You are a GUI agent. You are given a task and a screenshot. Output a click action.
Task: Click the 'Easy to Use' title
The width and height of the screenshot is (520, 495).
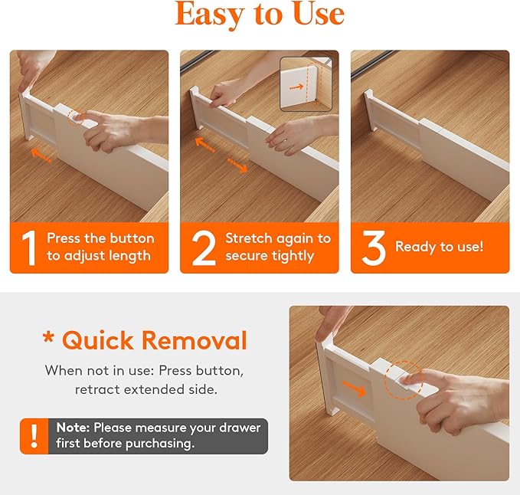pyautogui.click(x=260, y=15)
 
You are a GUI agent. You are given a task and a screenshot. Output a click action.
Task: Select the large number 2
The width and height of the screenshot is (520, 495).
pyautogui.click(x=204, y=247)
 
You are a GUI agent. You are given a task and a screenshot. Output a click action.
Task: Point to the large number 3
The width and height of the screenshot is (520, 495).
pyautogui.click(x=373, y=247)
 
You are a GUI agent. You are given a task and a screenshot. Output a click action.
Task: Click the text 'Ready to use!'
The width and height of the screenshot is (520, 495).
pyautogui.click(x=439, y=247)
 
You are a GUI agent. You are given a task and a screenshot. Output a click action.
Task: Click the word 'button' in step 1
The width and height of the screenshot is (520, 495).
pyautogui.click(x=132, y=238)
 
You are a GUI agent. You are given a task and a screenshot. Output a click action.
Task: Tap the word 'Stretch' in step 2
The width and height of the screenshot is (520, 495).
pyautogui.click(x=248, y=238)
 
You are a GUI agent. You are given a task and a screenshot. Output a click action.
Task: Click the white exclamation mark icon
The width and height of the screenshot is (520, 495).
pyautogui.click(x=34, y=436)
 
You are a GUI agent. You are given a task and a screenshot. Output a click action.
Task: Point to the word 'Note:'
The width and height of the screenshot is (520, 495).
pyautogui.click(x=73, y=428)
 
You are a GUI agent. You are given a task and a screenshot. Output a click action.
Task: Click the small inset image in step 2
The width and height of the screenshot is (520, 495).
pyautogui.click(x=309, y=84)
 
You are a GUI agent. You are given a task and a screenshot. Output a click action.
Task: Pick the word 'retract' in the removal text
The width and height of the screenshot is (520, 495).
pyautogui.click(x=96, y=389)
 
